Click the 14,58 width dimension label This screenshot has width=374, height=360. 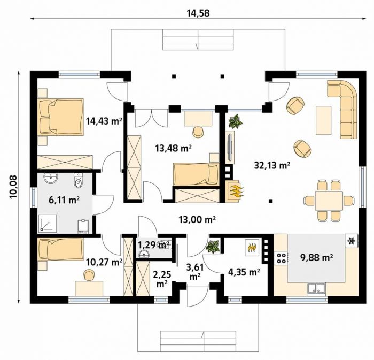tap(198, 13)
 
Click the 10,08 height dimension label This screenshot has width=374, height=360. tap(13, 187)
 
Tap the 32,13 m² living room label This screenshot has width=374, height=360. tap(272, 165)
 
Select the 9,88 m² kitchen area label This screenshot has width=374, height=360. tap(317, 258)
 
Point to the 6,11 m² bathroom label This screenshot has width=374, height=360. tap(64, 200)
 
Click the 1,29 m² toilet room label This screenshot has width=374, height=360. tap(154, 245)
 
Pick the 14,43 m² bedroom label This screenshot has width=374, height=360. tap(104, 121)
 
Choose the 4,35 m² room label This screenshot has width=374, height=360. tap(244, 272)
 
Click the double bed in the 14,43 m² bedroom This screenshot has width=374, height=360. tap(61, 117)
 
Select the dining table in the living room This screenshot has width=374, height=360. tap(329, 200)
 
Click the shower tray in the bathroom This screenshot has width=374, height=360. tap(48, 223)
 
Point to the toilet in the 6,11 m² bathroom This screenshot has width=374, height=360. tap(78, 180)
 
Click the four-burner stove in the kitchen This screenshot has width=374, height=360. tap(282, 258)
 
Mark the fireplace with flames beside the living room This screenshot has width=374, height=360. tap(234, 190)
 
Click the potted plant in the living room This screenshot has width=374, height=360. tap(235, 121)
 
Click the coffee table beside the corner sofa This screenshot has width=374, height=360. tap(323, 120)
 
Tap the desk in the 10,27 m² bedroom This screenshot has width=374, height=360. tap(89, 289)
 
